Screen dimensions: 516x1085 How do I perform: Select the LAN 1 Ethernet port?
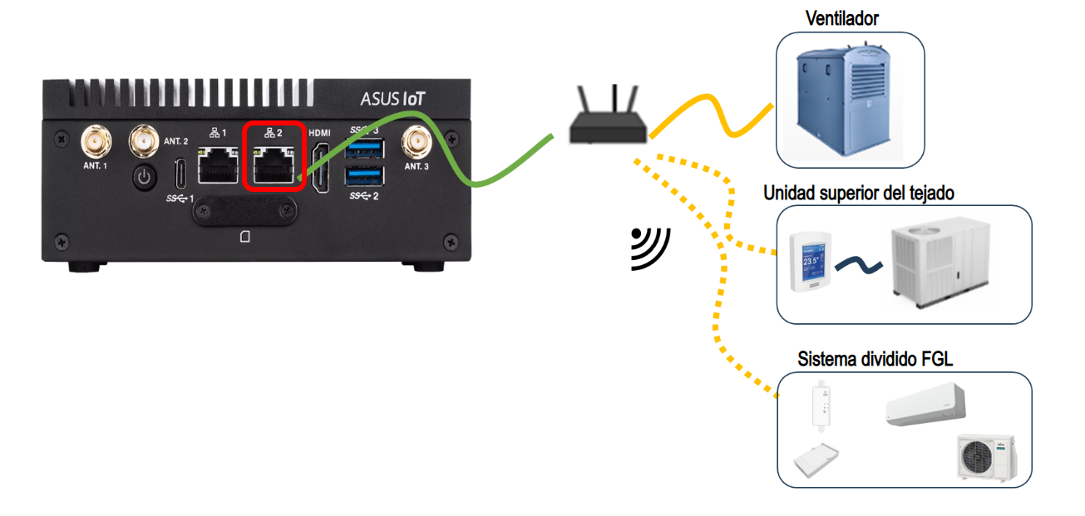coord(218,165)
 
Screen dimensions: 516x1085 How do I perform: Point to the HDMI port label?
coord(319,133)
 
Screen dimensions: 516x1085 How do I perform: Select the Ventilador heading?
coord(842,18)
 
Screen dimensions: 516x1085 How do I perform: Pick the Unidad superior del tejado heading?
coord(858,193)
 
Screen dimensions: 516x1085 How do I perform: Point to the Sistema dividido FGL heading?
coord(869,360)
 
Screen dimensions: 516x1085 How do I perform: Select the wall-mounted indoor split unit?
coord(925,405)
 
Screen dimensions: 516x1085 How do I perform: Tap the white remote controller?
coord(824,405)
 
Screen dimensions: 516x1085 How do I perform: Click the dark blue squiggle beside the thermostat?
coord(858,264)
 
